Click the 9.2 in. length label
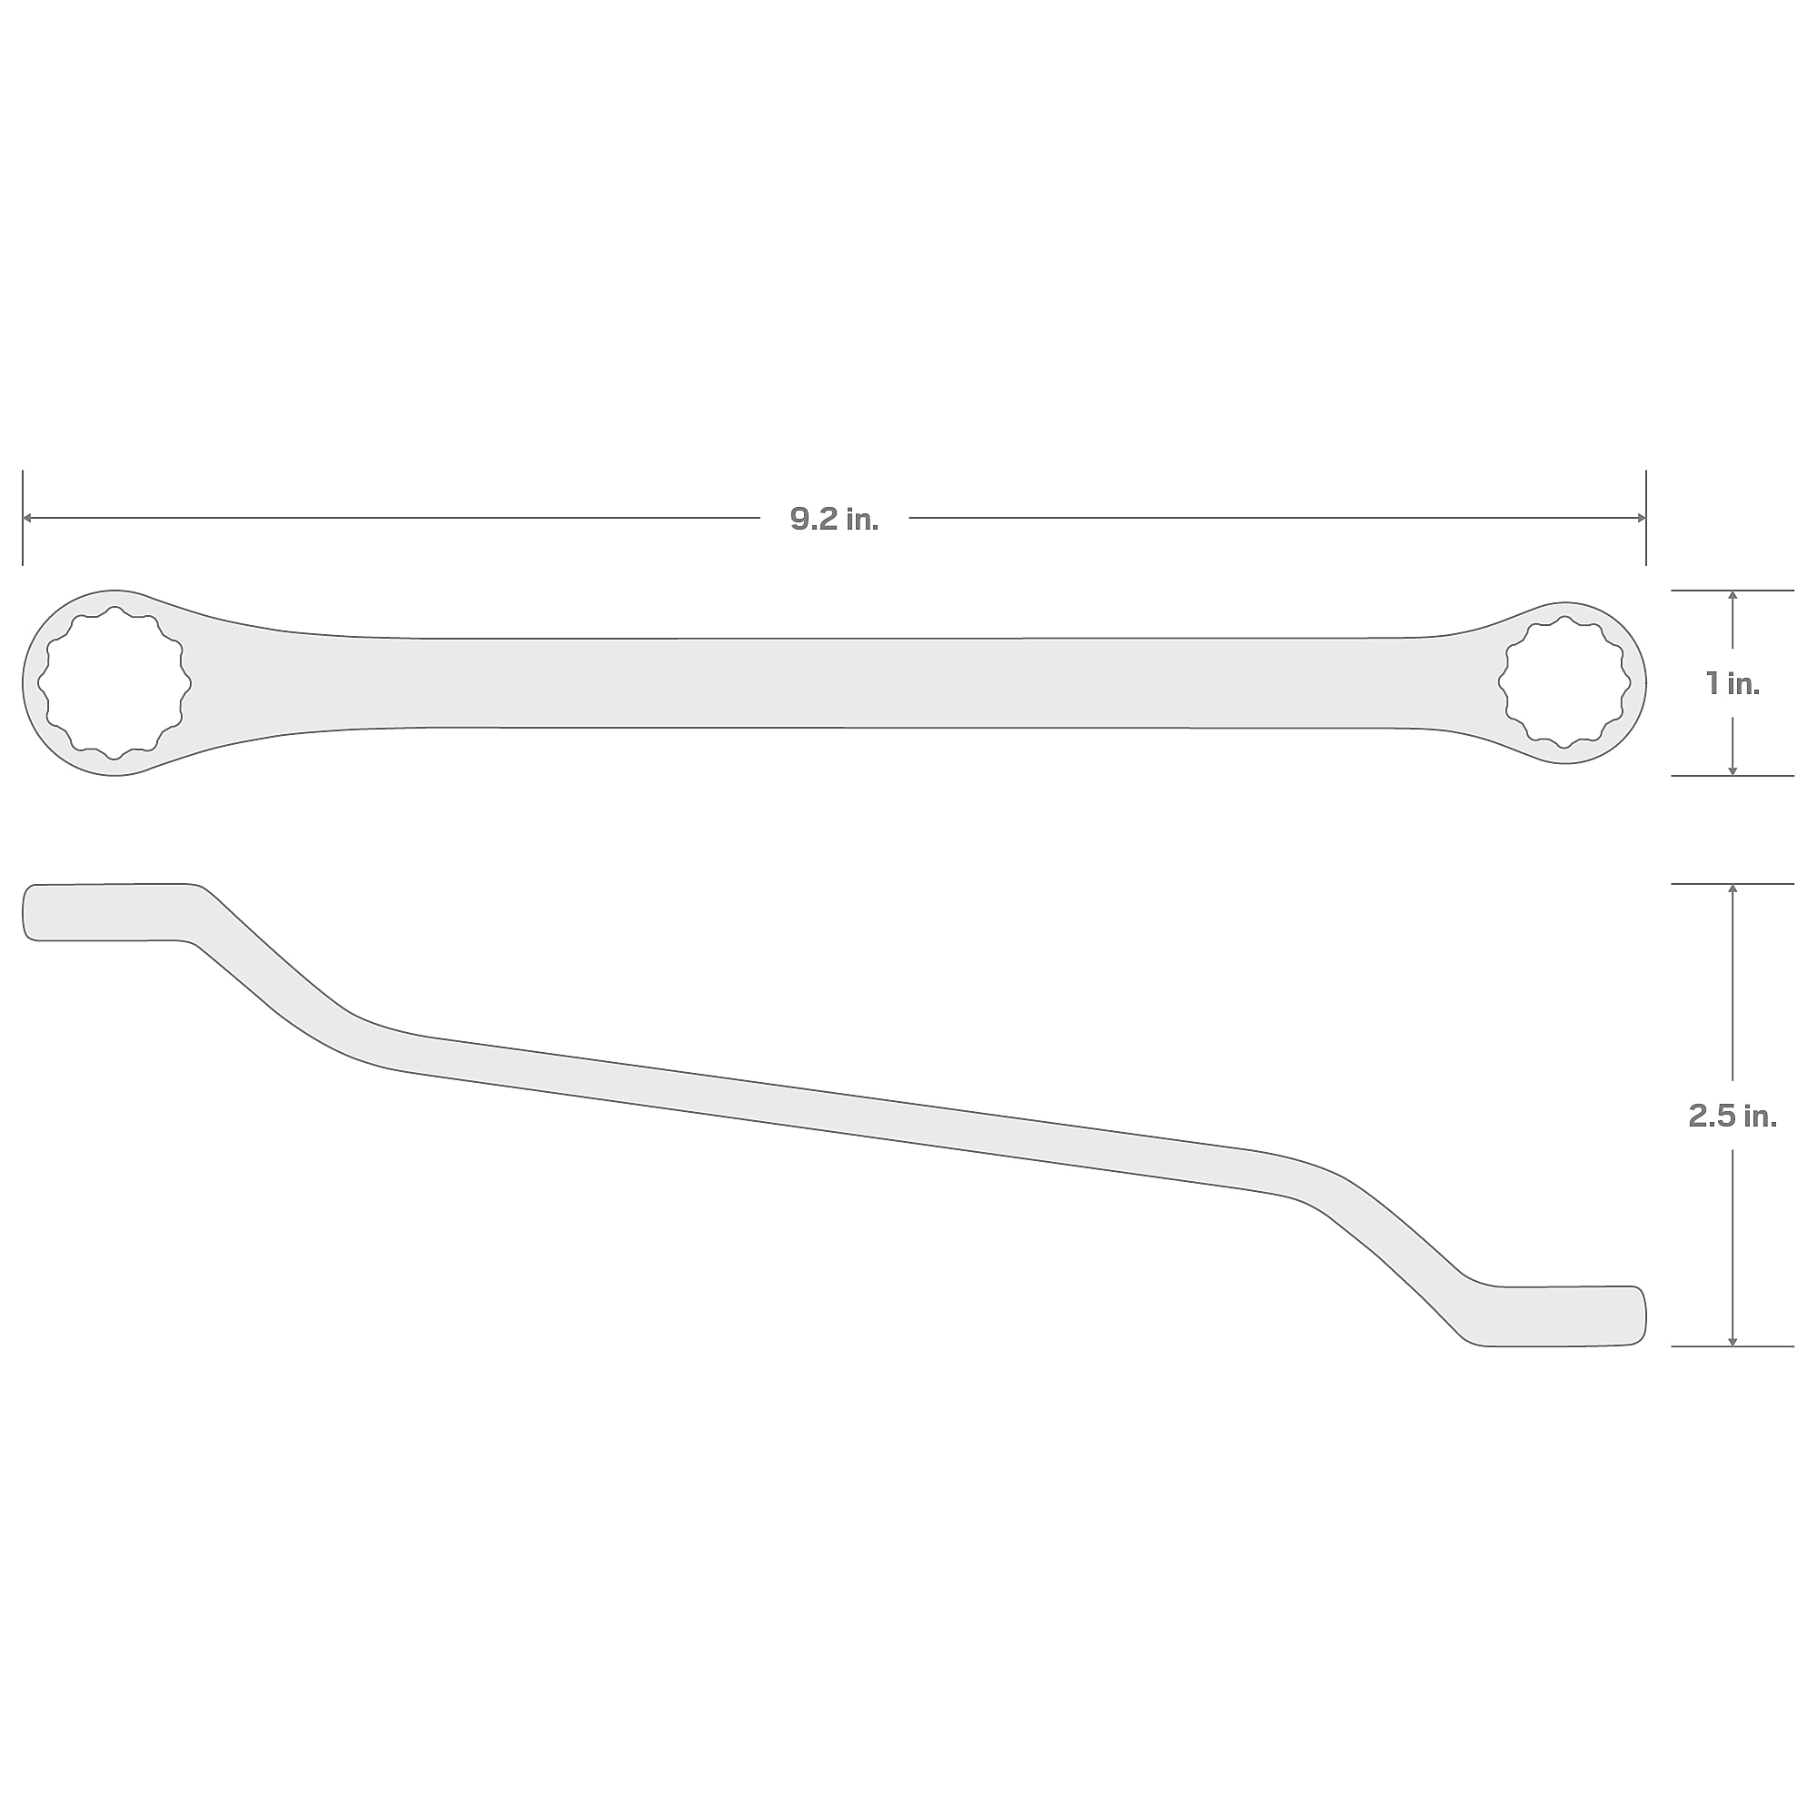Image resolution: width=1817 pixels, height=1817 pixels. [x=834, y=519]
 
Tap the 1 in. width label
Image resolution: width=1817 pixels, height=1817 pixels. [x=1733, y=684]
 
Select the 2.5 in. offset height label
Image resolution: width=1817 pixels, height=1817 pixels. [x=1733, y=1117]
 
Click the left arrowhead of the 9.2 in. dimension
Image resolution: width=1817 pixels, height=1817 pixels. [x=28, y=517]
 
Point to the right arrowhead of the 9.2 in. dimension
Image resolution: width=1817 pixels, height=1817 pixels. [x=1641, y=517]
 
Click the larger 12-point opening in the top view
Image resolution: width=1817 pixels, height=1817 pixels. [x=114, y=683]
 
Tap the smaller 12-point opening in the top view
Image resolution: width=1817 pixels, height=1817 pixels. [x=1564, y=683]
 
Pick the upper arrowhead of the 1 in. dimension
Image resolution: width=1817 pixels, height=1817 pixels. [x=1733, y=596]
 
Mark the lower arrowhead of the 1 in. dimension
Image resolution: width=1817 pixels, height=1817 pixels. [x=1733, y=770]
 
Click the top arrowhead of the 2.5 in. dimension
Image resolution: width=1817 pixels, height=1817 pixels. [x=1733, y=889]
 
